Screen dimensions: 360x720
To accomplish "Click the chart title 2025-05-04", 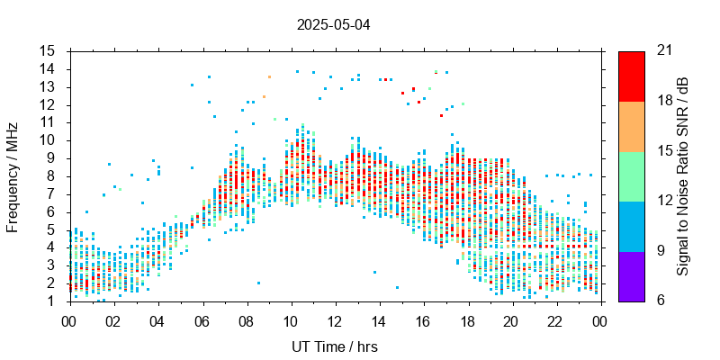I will pyautogui.click(x=333, y=25).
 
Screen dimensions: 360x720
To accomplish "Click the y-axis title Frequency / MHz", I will pyautogui.click(x=13, y=176).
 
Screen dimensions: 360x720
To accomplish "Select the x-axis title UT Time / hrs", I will pyautogui.click(x=334, y=346).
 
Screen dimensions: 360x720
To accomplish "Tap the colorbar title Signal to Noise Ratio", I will pyautogui.click(x=683, y=176).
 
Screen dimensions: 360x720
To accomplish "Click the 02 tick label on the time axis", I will pyautogui.click(x=112, y=319).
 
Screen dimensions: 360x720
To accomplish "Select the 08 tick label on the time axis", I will pyautogui.click(x=245, y=319).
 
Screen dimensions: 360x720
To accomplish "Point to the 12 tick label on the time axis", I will pyautogui.click(x=334, y=319).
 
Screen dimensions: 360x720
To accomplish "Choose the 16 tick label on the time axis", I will pyautogui.click(x=422, y=319).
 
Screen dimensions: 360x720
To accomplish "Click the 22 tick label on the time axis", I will pyautogui.click(x=555, y=319).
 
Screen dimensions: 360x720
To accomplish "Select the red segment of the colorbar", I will pyautogui.click(x=631, y=76).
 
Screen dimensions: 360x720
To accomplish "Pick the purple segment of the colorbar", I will pyautogui.click(x=631, y=275).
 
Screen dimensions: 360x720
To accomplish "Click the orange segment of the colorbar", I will pyautogui.click(x=631, y=126).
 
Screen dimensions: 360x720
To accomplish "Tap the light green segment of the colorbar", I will pyautogui.click(x=631, y=176).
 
